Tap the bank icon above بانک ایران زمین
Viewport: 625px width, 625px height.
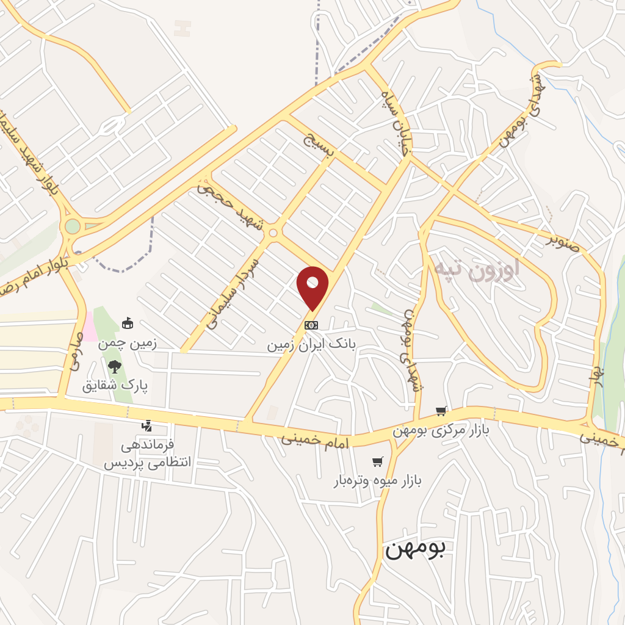coord(311,325)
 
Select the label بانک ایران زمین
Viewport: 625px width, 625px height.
coord(311,345)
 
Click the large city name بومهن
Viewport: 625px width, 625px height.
coord(415,547)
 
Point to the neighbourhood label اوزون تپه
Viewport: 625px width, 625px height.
coord(477,269)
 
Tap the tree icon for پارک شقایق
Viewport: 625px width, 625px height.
coord(114,366)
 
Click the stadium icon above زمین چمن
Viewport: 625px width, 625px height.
coord(127,323)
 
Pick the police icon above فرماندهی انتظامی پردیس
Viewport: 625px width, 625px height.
coord(146,425)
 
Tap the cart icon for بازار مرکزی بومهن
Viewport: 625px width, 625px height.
coord(441,411)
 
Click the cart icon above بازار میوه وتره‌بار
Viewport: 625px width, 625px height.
coord(378,461)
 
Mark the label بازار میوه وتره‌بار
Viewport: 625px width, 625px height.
coord(378,481)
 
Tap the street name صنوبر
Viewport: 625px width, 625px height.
coord(563,240)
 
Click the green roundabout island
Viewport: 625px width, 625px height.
coord(73,226)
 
